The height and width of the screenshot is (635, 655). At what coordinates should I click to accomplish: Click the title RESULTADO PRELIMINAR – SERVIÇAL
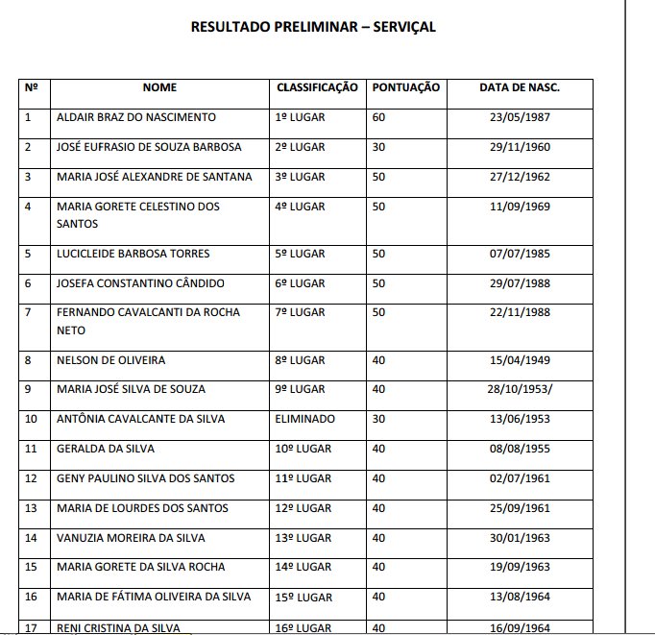click(x=313, y=27)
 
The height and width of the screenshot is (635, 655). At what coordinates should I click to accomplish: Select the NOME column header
click(x=159, y=87)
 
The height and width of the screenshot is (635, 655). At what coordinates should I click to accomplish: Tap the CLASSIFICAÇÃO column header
click(x=317, y=87)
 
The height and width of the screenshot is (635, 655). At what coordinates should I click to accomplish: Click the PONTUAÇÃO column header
click(x=405, y=87)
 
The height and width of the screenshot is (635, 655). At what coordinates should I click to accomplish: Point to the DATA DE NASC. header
click(x=520, y=87)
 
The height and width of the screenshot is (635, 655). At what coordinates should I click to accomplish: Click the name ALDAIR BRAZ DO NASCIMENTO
click(x=136, y=117)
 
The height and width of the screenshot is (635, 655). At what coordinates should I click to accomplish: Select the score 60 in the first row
click(x=378, y=117)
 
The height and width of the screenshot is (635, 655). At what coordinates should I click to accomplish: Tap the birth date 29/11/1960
click(x=520, y=147)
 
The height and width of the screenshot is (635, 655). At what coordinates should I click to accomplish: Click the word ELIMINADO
click(x=305, y=419)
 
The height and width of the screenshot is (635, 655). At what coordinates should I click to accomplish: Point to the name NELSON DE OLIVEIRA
click(x=110, y=360)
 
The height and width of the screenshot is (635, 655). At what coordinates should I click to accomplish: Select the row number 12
click(x=30, y=478)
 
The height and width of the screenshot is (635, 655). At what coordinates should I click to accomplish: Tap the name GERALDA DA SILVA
click(x=106, y=449)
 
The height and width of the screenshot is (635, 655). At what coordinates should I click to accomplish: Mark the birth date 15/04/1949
click(x=520, y=360)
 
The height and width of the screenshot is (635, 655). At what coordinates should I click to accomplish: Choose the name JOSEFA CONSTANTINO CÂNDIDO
click(x=140, y=283)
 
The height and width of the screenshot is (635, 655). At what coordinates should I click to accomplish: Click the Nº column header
click(x=31, y=87)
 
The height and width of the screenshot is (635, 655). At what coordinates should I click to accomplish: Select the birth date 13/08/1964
click(x=520, y=597)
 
